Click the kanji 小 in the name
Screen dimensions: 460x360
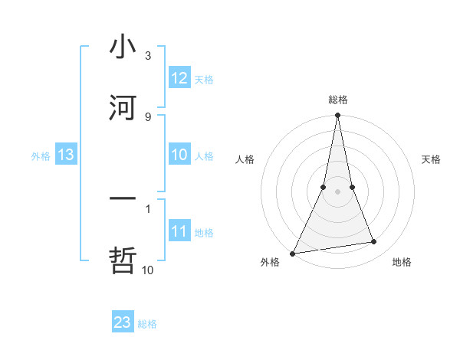123,47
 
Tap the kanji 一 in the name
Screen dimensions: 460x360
123,199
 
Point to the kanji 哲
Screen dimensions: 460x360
123,260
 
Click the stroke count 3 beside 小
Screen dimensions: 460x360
148,56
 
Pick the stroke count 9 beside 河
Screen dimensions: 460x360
148,116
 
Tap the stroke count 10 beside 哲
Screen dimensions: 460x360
148,270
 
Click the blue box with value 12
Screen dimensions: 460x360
179,78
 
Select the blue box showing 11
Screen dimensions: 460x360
179,231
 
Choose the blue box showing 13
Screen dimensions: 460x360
66,155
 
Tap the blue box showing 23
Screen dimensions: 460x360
123,322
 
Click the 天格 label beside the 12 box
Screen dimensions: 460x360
204,79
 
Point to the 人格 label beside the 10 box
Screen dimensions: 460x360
204,155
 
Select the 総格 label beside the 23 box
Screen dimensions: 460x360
147,323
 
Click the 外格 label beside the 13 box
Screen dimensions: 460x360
41,155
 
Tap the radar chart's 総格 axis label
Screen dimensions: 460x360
338,100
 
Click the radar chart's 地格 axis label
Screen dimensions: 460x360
402,263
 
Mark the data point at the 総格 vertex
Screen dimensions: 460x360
337,116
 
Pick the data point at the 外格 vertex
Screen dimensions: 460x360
292,253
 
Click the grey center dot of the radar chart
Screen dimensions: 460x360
337,191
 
